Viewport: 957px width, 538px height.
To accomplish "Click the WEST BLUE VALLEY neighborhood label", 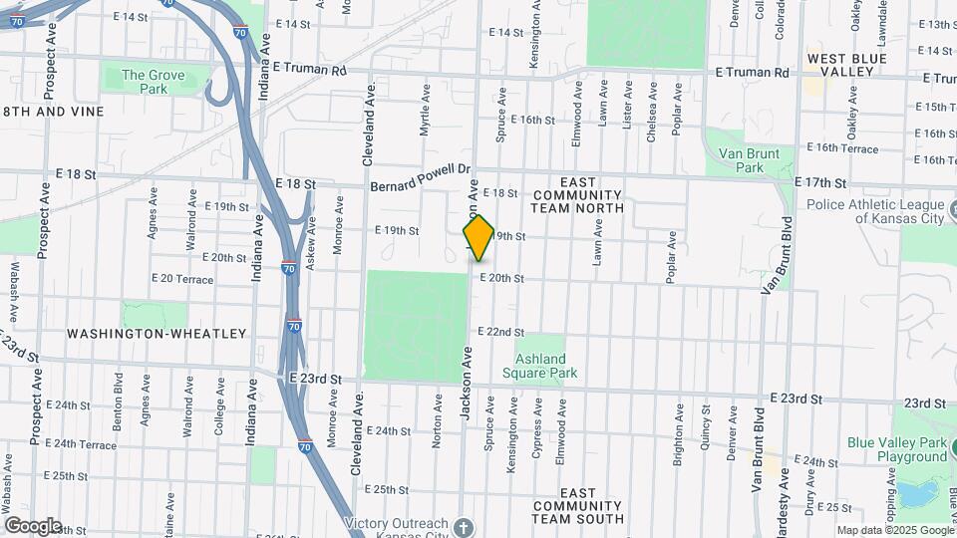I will pyautogui.click(x=846, y=66).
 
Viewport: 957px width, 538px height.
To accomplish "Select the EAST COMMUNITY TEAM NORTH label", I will pyautogui.click(x=577, y=201).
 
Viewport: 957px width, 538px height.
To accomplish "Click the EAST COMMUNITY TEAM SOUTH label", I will pyautogui.click(x=577, y=505).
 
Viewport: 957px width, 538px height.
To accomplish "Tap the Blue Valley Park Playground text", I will pyautogui.click(x=897, y=449).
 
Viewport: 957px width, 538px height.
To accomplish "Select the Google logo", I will pyautogui.click(x=33, y=526).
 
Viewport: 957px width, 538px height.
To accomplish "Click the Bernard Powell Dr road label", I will pyautogui.click(x=419, y=179).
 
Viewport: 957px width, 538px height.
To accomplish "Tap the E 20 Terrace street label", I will pyautogui.click(x=181, y=279).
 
